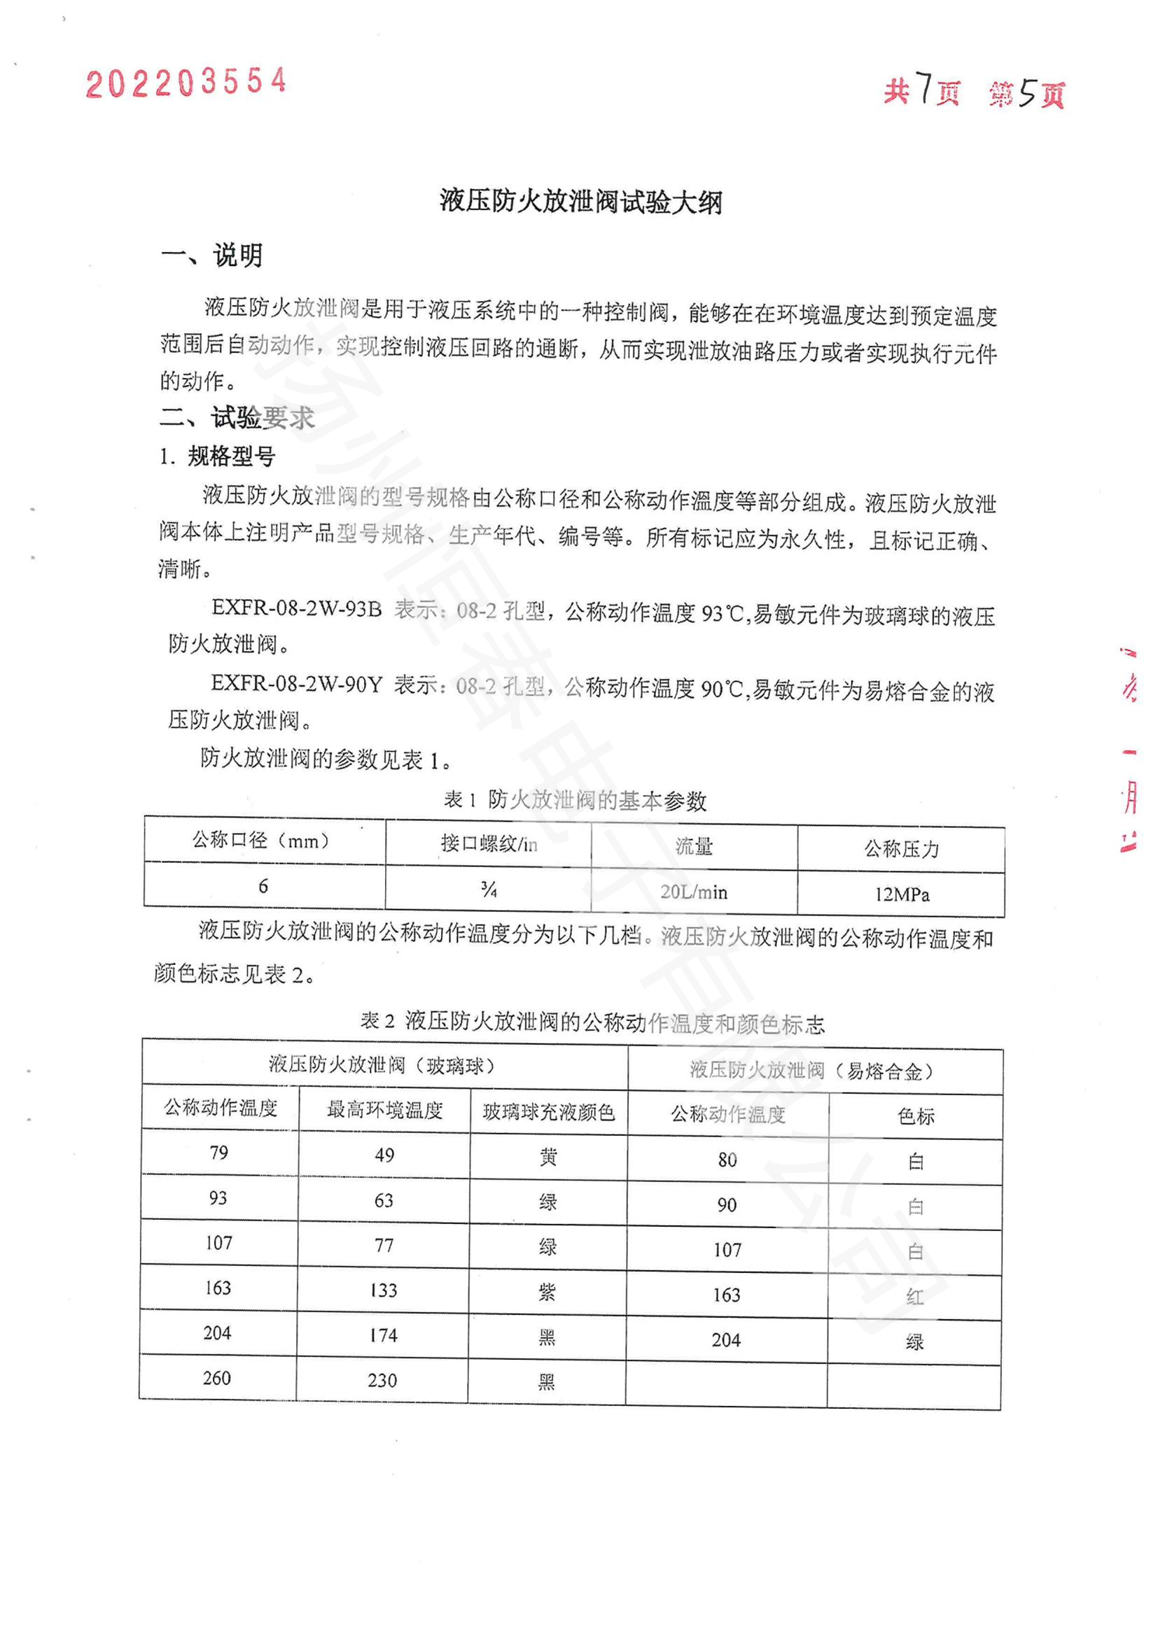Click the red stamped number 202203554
pos(186,83)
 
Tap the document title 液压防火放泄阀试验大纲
pos(580,202)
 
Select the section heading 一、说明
pos(211,255)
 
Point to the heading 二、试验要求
pos(237,418)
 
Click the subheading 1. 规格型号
pos(218,456)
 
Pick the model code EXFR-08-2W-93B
pos(297,609)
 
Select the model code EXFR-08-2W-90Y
pos(297,684)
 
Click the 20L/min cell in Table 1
pos(694,892)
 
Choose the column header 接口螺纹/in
pos(489,844)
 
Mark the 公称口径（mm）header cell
pos(263,841)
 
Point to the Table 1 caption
pos(575,801)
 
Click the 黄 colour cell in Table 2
pos(547,1156)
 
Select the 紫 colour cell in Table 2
pos(547,1292)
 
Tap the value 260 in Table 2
pos(217,1378)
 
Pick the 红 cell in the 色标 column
pos(915,1297)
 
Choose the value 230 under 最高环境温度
pos(382,1380)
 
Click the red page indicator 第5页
pos(1027,93)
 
